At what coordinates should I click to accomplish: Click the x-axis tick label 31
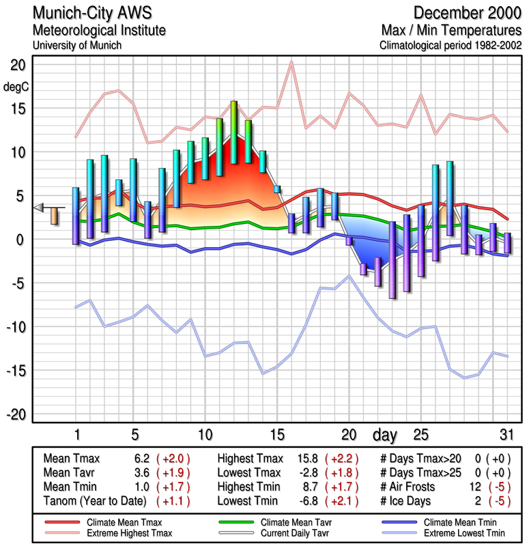[506, 435]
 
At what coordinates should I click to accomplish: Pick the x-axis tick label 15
[276, 435]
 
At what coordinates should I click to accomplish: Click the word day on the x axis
[385, 435]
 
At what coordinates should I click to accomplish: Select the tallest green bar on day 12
[233, 132]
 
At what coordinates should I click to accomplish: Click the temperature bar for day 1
[76, 215]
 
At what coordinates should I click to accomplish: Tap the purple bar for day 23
[392, 259]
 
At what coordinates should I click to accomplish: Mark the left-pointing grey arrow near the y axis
[40, 207]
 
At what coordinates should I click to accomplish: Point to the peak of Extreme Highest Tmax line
[291, 62]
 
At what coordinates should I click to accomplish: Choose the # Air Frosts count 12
[474, 487]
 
